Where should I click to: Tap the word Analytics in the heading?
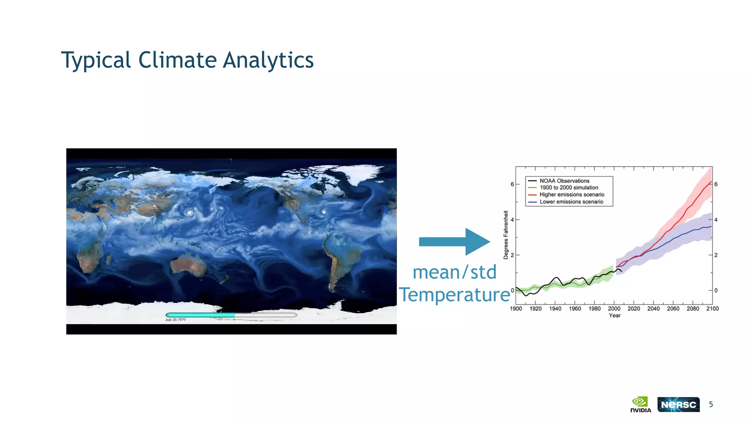click(268, 60)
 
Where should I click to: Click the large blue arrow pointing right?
click(454, 242)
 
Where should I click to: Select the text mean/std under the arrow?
click(454, 272)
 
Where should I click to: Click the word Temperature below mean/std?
click(454, 295)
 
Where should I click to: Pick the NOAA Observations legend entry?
click(564, 181)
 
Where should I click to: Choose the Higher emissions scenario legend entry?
click(572, 195)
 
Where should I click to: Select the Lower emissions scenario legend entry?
click(571, 201)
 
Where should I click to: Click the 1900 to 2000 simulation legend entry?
click(569, 188)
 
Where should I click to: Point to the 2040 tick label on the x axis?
click(653, 308)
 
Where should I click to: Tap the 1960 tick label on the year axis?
click(575, 308)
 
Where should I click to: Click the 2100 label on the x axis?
click(712, 308)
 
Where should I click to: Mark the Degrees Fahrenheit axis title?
click(506, 235)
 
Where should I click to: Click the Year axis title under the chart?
click(615, 315)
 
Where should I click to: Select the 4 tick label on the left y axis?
click(512, 219)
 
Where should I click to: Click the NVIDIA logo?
click(641, 404)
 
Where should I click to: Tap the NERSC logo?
click(678, 404)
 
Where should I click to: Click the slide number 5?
click(711, 404)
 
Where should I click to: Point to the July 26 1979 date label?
click(175, 320)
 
